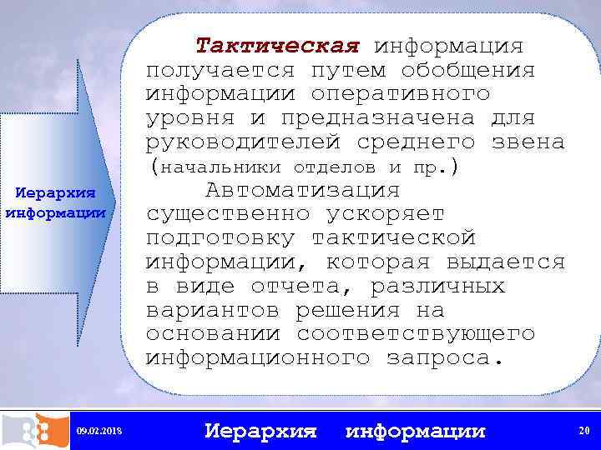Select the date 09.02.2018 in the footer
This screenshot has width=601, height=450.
(98, 431)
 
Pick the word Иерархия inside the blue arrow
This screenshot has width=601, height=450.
(56, 194)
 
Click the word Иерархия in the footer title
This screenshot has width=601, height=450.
(261, 431)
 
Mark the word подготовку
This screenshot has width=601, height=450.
(220, 238)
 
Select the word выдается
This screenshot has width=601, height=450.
(507, 262)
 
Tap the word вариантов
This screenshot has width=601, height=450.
(214, 310)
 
